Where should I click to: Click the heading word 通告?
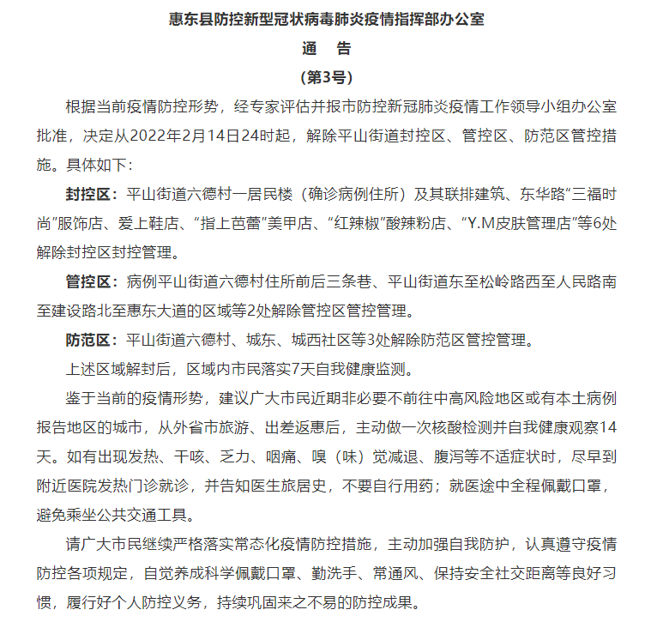tap(326, 48)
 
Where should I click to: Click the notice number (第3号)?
tap(326, 77)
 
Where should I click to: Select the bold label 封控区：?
tap(95, 193)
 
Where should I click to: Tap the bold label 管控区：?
tap(95, 281)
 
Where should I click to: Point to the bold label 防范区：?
tap(95, 341)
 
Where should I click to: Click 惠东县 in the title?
tap(189, 19)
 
